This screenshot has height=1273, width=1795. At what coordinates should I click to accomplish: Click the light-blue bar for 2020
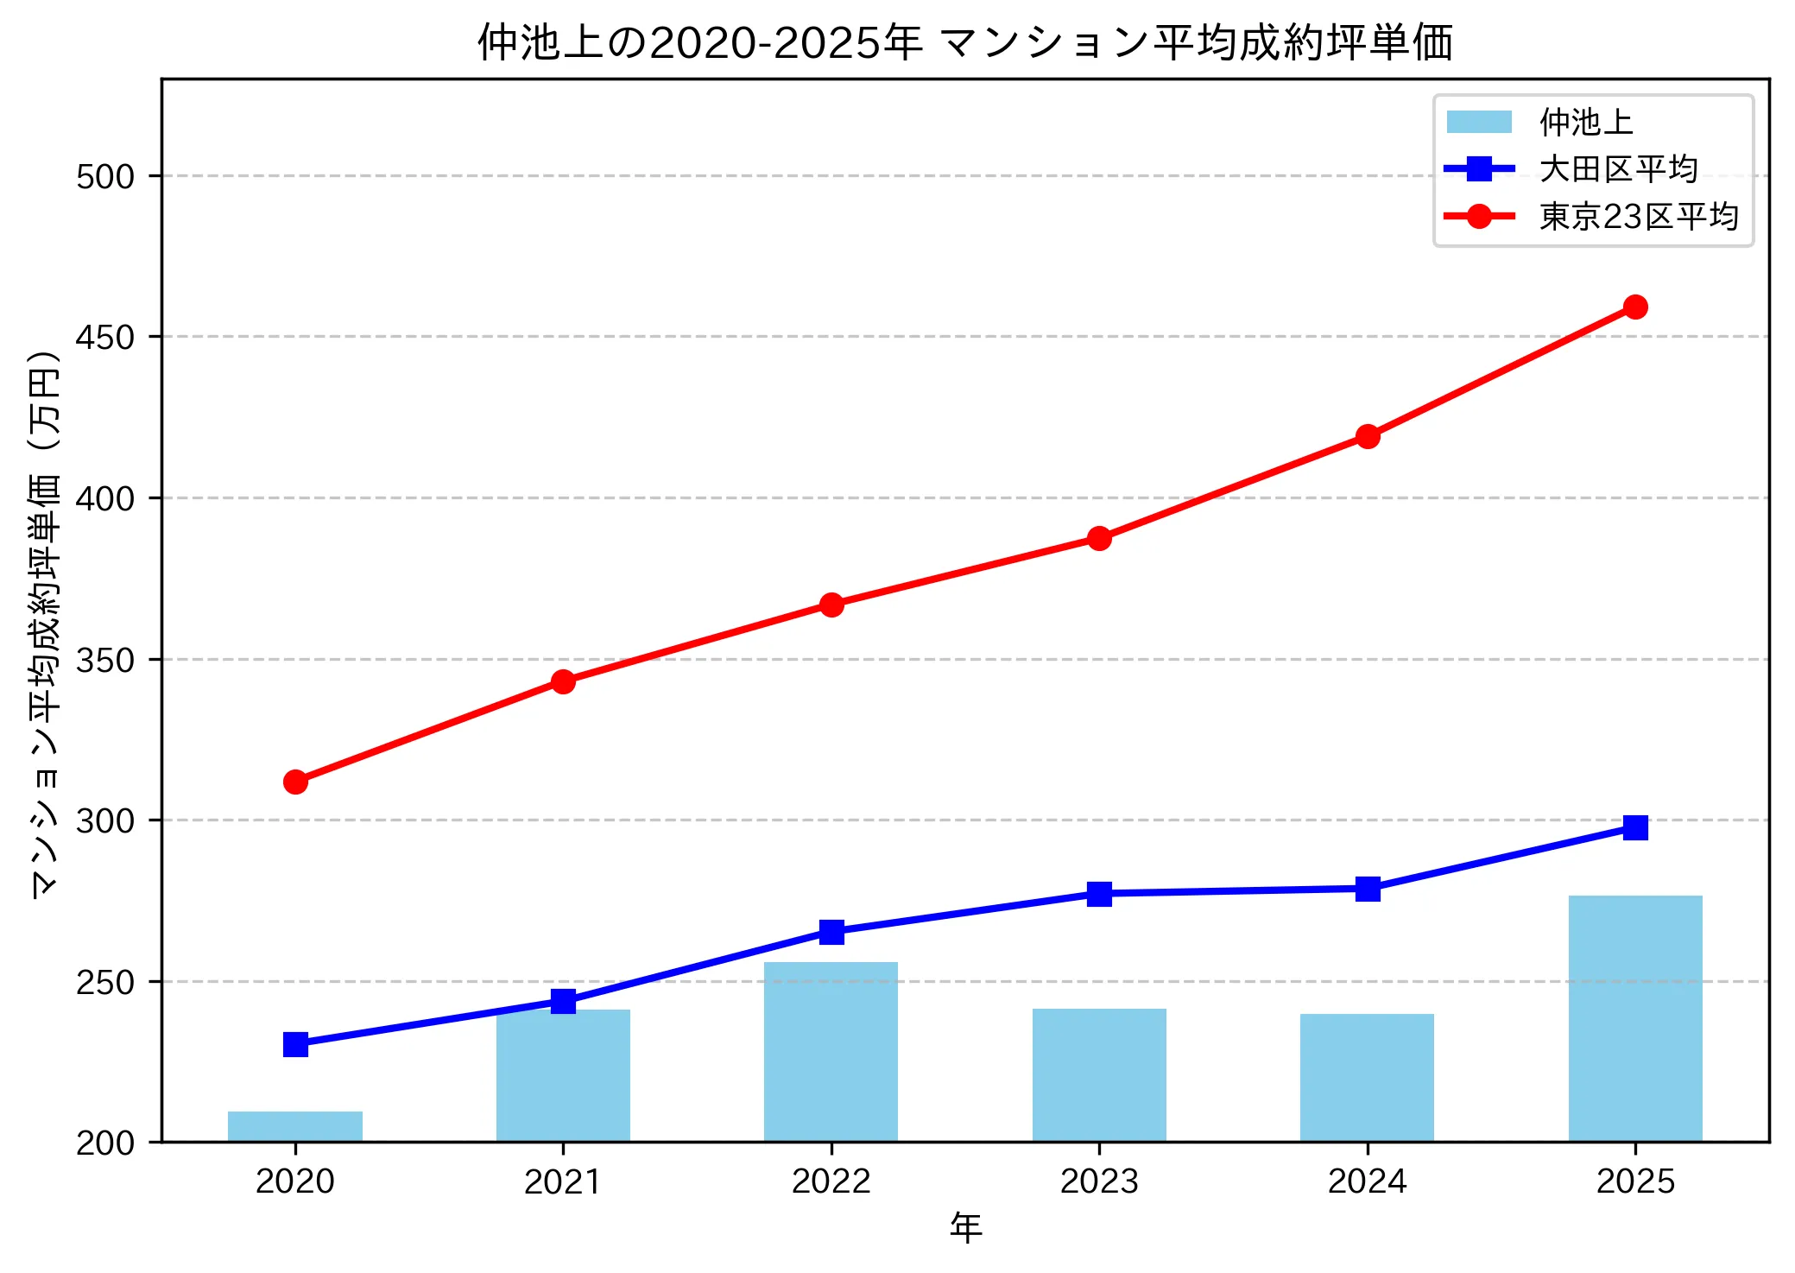tap(295, 1126)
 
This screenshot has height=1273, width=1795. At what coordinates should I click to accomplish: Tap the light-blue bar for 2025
tap(1634, 1019)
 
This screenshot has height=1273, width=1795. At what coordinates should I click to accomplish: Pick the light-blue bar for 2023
tap(1099, 1075)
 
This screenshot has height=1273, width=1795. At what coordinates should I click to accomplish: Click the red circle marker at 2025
tap(1635, 307)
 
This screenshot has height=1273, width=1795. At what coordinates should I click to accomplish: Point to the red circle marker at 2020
tap(295, 782)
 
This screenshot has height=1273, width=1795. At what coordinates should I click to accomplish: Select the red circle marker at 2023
tap(1099, 538)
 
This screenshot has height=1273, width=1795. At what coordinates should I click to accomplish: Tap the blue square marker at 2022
tap(831, 932)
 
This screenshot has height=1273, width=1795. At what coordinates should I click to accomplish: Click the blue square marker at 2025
tap(1635, 827)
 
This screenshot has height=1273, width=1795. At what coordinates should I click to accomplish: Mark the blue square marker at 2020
tap(295, 1044)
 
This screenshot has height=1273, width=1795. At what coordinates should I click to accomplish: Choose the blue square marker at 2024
tap(1368, 889)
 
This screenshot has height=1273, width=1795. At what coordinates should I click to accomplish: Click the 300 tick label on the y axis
tap(105, 820)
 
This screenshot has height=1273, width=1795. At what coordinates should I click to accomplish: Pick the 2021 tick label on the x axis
tap(563, 1181)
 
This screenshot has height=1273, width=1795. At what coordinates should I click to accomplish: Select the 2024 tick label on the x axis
tap(1368, 1181)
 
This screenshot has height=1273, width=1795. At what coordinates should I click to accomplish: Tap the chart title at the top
tap(965, 41)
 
